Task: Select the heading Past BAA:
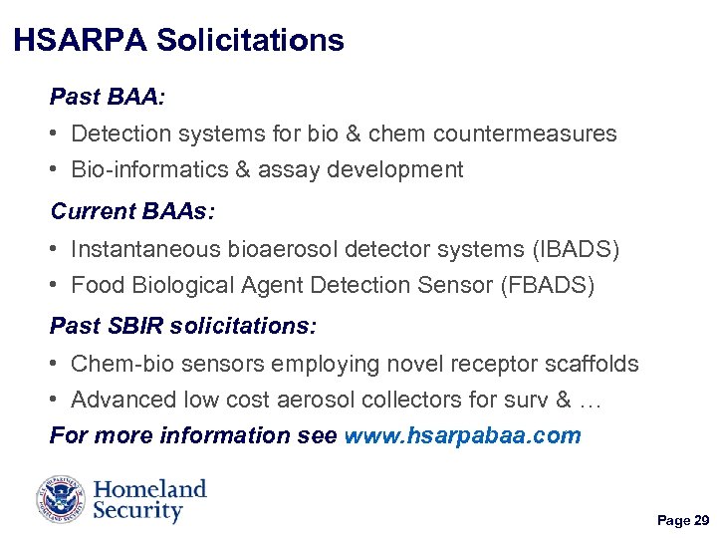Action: click(109, 98)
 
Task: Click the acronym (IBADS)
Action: click(578, 249)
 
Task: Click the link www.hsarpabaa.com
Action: click(462, 435)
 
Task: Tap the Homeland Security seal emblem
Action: click(62, 500)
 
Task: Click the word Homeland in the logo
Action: click(149, 489)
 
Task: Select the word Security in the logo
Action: click(137, 512)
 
